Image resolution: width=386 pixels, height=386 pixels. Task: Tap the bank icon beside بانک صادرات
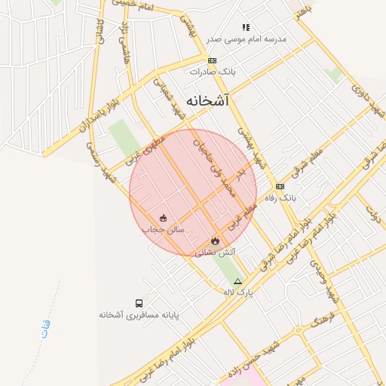213,60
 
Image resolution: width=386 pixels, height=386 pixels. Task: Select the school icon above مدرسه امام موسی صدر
246,27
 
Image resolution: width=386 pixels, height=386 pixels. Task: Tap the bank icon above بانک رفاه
280,186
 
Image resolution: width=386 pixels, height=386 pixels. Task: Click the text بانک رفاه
280,198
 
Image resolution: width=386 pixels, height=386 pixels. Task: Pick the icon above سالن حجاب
164,218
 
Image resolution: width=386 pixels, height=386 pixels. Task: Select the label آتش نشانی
216,253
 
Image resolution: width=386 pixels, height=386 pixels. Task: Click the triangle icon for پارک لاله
238,281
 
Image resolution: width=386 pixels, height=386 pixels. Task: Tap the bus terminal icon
139,302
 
